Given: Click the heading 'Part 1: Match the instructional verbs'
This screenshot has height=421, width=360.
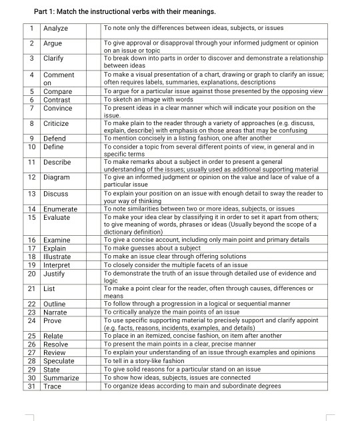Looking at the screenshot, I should (x=124, y=12).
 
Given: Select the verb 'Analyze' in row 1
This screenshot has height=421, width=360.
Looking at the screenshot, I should (x=57, y=28).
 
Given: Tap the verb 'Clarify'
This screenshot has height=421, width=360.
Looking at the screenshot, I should (x=54, y=58).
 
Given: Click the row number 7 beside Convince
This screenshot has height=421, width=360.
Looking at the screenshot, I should (x=31, y=107).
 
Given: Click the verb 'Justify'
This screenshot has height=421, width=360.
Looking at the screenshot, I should (x=54, y=274).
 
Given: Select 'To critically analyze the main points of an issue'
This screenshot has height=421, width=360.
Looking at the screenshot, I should (x=172, y=312).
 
